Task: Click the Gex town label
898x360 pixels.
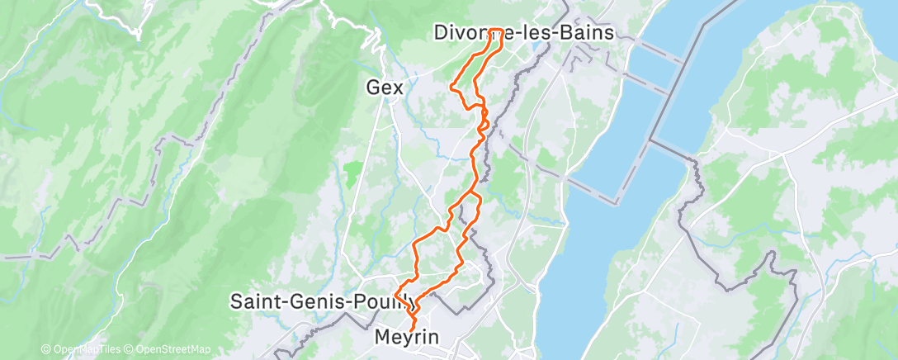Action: [385, 86]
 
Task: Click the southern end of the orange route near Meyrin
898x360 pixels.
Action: [411, 331]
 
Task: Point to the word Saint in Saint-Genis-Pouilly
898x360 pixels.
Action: [255, 300]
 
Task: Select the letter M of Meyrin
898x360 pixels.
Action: [382, 338]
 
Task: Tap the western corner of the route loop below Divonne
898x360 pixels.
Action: [450, 85]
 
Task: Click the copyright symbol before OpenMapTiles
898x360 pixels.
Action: [46, 350]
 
